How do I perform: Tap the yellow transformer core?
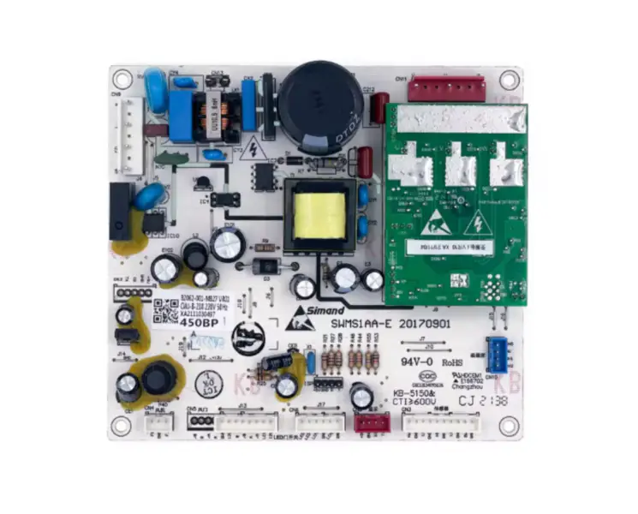320,215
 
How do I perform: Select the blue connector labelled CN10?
498,352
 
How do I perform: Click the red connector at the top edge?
445,87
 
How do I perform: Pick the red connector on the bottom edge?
372,421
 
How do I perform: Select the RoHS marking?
451,362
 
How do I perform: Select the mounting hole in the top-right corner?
509,81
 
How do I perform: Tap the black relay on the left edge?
121,211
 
